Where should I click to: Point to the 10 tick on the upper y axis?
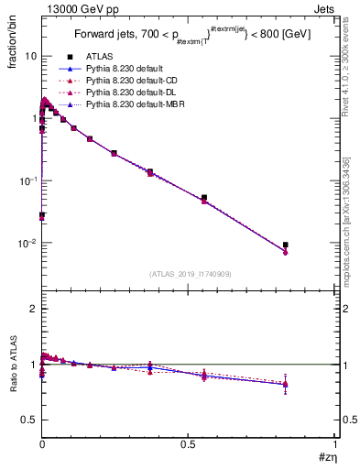click(x=30, y=56)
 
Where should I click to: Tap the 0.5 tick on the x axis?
click(x=188, y=444)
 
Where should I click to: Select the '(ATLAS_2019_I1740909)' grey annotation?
click(x=189, y=273)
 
